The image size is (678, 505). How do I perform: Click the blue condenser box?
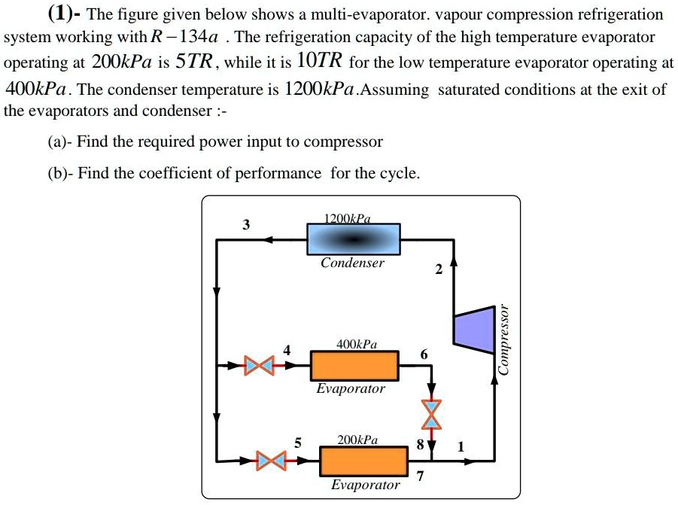pyautogui.click(x=353, y=239)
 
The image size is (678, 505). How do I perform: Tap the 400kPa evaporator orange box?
pyautogui.click(x=354, y=367)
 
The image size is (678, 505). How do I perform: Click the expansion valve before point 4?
pyautogui.click(x=259, y=367)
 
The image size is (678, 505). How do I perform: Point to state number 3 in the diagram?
pyautogui.click(x=246, y=224)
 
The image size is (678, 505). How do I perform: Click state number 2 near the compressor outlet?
pyautogui.click(x=439, y=271)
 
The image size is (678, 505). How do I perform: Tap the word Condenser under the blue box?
pyautogui.click(x=352, y=263)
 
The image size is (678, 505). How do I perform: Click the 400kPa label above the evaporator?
pyautogui.click(x=357, y=344)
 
